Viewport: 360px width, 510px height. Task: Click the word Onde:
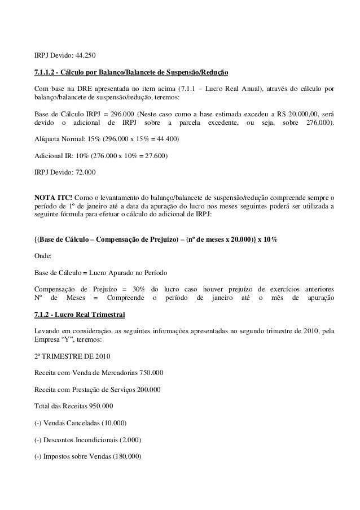pyautogui.click(x=45, y=255)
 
